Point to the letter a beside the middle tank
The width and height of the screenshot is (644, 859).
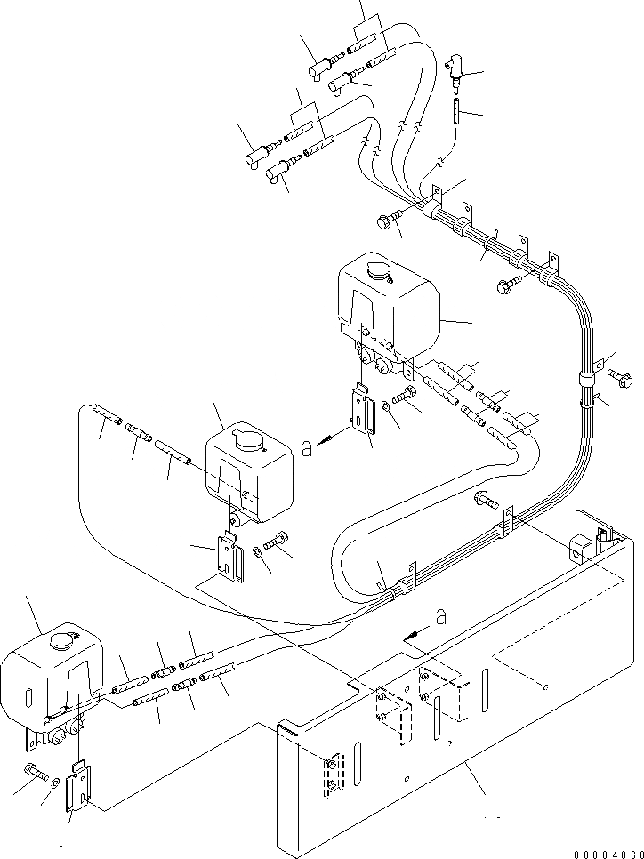click(x=307, y=450)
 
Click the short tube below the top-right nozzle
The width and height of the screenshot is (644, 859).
click(x=454, y=114)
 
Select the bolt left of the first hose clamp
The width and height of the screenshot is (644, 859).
click(x=392, y=221)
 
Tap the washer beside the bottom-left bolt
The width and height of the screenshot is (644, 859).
click(x=56, y=782)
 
